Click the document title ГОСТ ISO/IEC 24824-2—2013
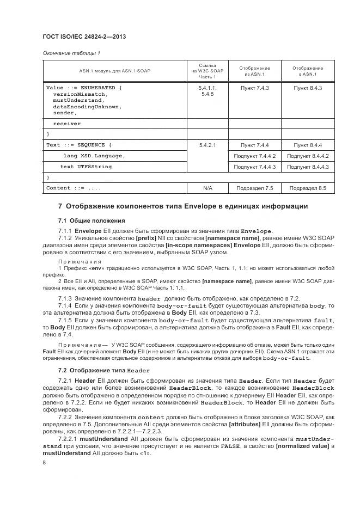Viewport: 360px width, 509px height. [80, 37]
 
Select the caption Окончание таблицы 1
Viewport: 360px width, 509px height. [71, 53]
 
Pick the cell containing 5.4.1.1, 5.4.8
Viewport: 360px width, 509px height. [207, 91]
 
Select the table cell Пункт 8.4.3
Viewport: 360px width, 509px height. [308, 88]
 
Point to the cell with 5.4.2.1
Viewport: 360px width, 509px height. [207, 145]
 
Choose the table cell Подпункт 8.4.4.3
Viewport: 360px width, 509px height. [308, 167]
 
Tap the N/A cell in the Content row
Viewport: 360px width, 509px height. [207, 188]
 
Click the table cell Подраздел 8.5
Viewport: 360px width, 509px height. [308, 188]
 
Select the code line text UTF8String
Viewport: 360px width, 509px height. [86, 167]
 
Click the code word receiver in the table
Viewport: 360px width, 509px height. [67, 124]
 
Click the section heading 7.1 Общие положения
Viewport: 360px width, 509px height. [84, 220]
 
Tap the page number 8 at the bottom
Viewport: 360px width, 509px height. [44, 462]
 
